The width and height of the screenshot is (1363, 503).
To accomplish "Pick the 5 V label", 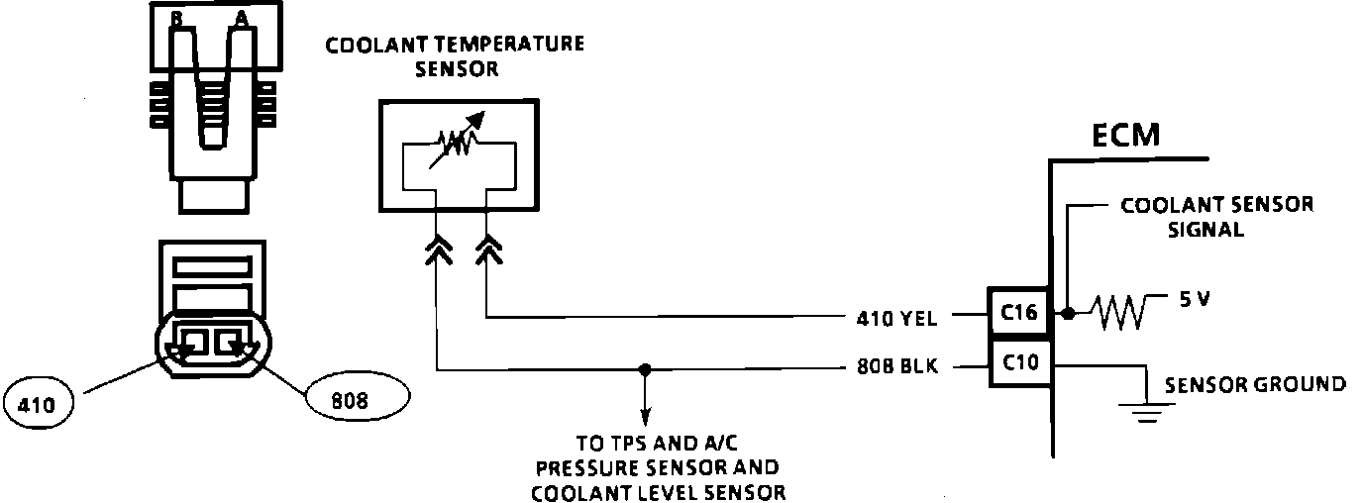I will coord(1195,300).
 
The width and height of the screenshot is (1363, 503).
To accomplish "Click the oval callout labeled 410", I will coord(40,404).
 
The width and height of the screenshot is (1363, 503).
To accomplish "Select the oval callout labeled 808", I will coord(358,399).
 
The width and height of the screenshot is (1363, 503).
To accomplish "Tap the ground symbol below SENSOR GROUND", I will coord(1147,411).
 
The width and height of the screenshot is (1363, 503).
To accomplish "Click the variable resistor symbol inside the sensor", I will coord(458,145).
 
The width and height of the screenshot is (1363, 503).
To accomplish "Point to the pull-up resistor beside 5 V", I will coord(1118,313).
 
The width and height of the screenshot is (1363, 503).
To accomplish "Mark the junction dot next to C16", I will coord(1066,314).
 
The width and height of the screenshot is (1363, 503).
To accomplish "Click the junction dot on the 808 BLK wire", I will coord(645,368).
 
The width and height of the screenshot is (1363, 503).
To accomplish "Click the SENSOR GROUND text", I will coord(1255,384).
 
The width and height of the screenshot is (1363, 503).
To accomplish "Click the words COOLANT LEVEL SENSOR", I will coord(659,492).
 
